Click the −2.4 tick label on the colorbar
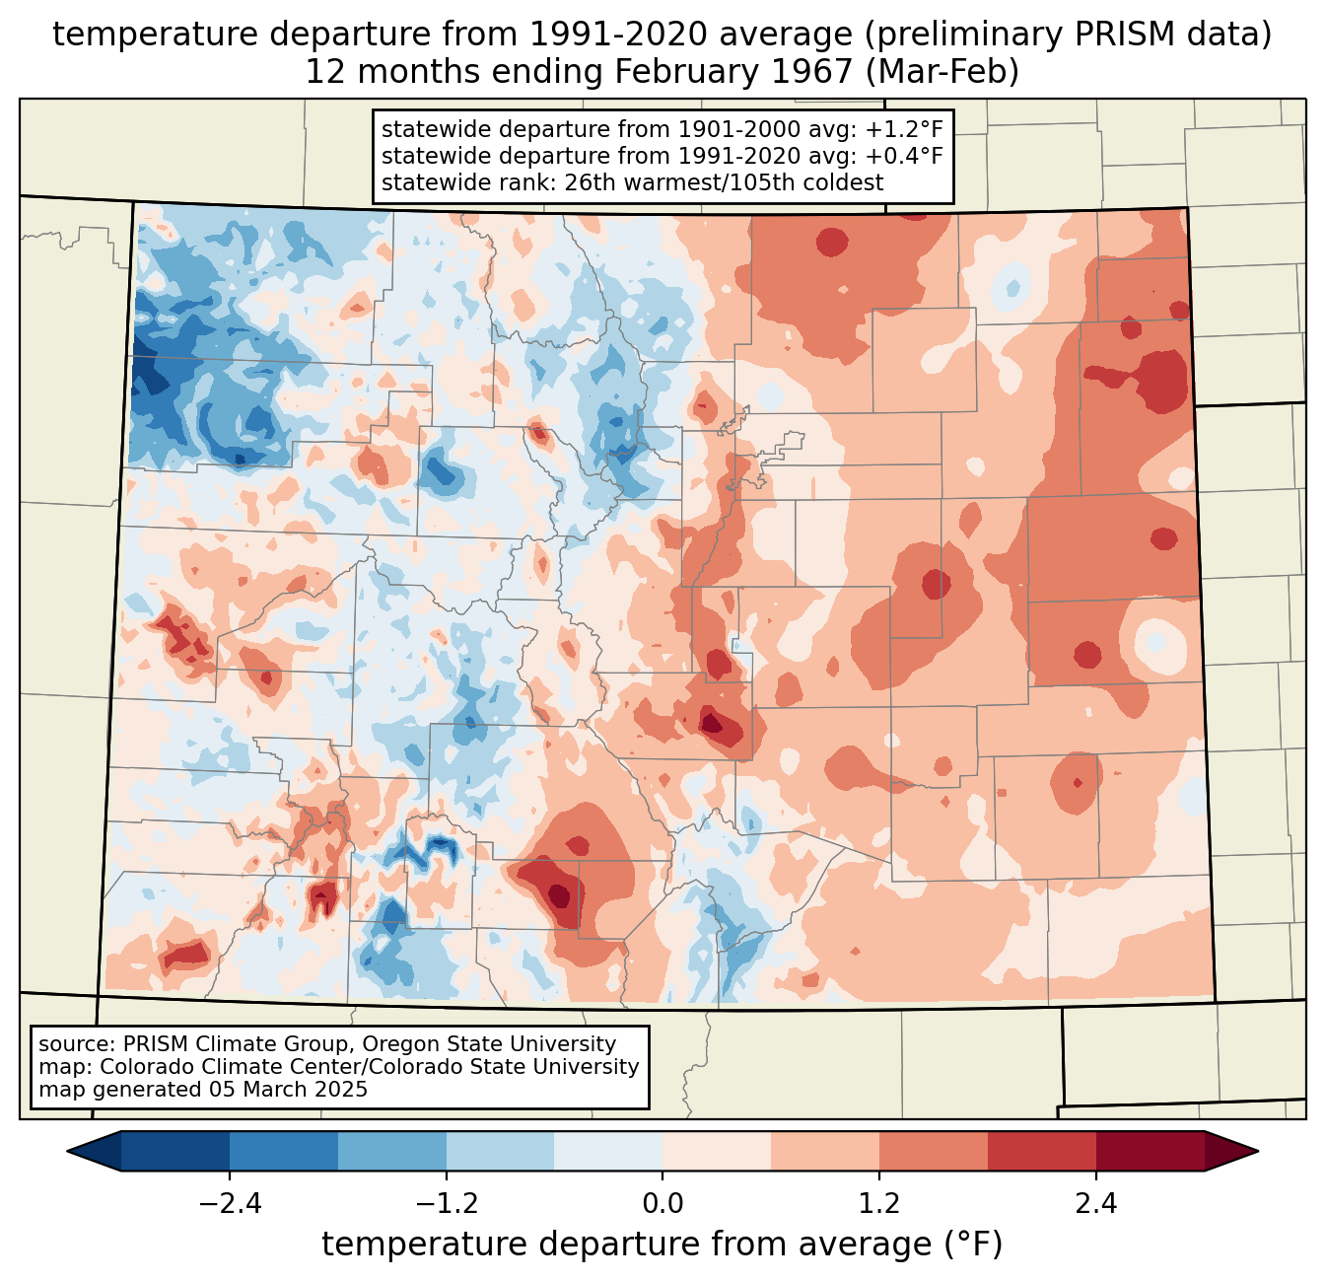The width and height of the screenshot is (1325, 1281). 230,1204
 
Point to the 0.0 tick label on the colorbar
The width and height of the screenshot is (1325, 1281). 662,1204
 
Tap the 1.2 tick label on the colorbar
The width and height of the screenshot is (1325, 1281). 879,1204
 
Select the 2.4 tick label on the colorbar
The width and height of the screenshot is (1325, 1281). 1096,1204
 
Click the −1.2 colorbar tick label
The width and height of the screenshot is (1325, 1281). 447,1204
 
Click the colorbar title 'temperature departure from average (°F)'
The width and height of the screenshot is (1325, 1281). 662,1245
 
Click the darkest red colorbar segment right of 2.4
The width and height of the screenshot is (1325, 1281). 1151,1151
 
